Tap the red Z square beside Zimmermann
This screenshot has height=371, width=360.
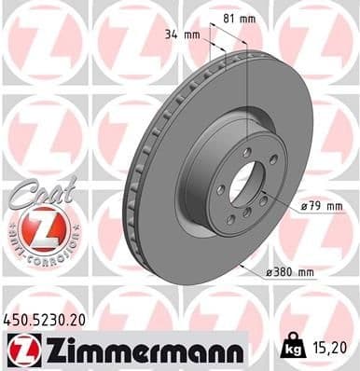[21, 350]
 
